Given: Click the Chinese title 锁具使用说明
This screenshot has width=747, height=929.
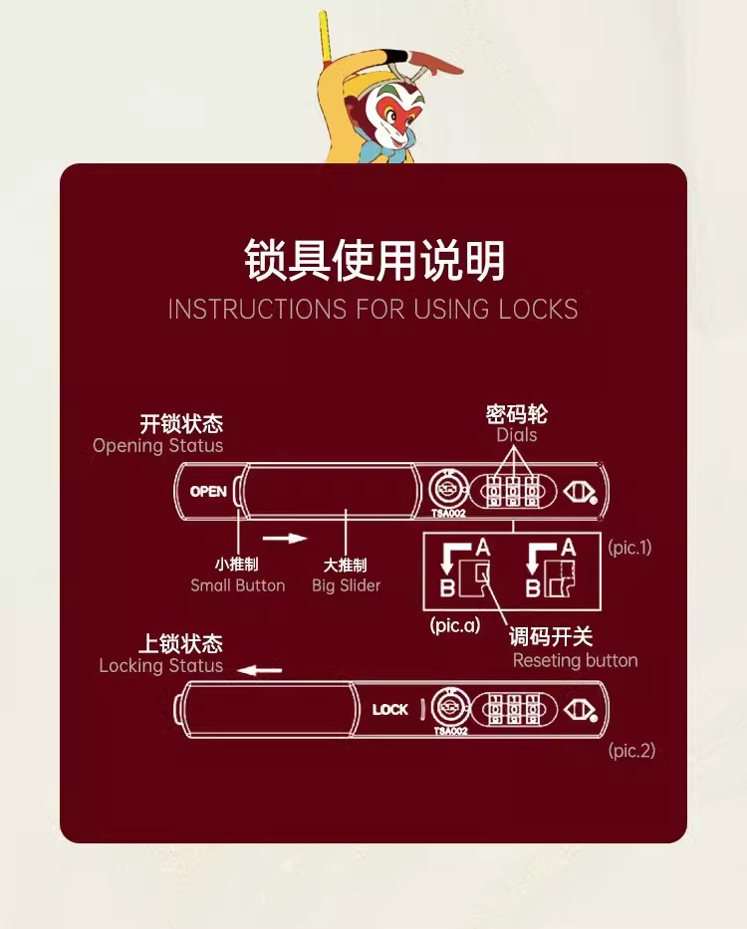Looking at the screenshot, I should click(x=373, y=261).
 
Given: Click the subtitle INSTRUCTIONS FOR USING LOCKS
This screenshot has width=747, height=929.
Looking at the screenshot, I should click(x=373, y=310).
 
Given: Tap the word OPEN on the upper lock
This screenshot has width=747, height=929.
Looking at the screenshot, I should click(x=208, y=491).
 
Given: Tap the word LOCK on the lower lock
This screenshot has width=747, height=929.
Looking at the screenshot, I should click(x=389, y=710).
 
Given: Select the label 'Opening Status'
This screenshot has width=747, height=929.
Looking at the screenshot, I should click(x=157, y=446).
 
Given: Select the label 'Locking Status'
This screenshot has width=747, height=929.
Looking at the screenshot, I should click(x=160, y=666).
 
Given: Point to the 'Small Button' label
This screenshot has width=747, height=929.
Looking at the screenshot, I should click(x=237, y=585).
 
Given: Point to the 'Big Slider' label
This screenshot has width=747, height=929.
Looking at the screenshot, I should click(x=346, y=585).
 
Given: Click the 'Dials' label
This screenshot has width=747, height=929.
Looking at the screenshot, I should click(x=516, y=435).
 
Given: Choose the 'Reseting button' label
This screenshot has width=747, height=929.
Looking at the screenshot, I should click(x=575, y=660).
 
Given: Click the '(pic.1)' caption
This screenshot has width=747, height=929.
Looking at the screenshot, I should click(x=629, y=548).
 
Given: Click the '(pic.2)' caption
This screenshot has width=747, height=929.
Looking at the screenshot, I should click(x=631, y=751).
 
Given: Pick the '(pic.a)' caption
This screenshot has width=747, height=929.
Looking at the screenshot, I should click(x=455, y=625).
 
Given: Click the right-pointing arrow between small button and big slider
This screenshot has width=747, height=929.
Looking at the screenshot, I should click(x=291, y=539).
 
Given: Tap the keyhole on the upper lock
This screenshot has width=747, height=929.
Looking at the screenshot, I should click(x=448, y=490).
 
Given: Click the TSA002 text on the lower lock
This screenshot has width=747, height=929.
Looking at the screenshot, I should click(x=450, y=731).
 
